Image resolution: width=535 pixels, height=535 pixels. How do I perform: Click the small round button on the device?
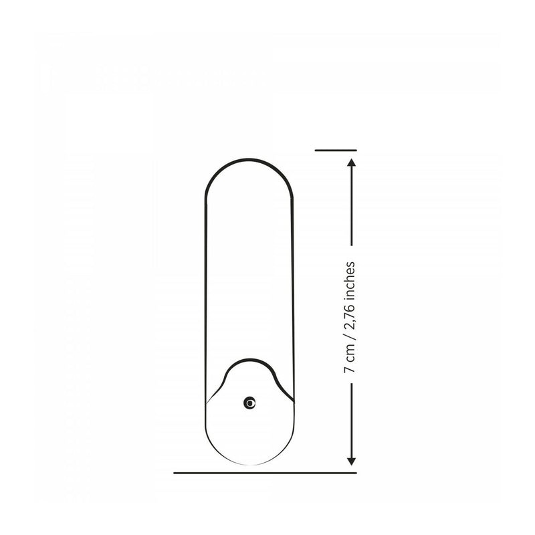249,403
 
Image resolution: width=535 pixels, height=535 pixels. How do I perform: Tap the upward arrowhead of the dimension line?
352,163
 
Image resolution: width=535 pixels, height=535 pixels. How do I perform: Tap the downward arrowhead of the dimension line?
352,461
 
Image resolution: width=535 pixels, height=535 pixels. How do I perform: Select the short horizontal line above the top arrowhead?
336,150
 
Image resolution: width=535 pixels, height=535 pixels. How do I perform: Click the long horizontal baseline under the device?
265,473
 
